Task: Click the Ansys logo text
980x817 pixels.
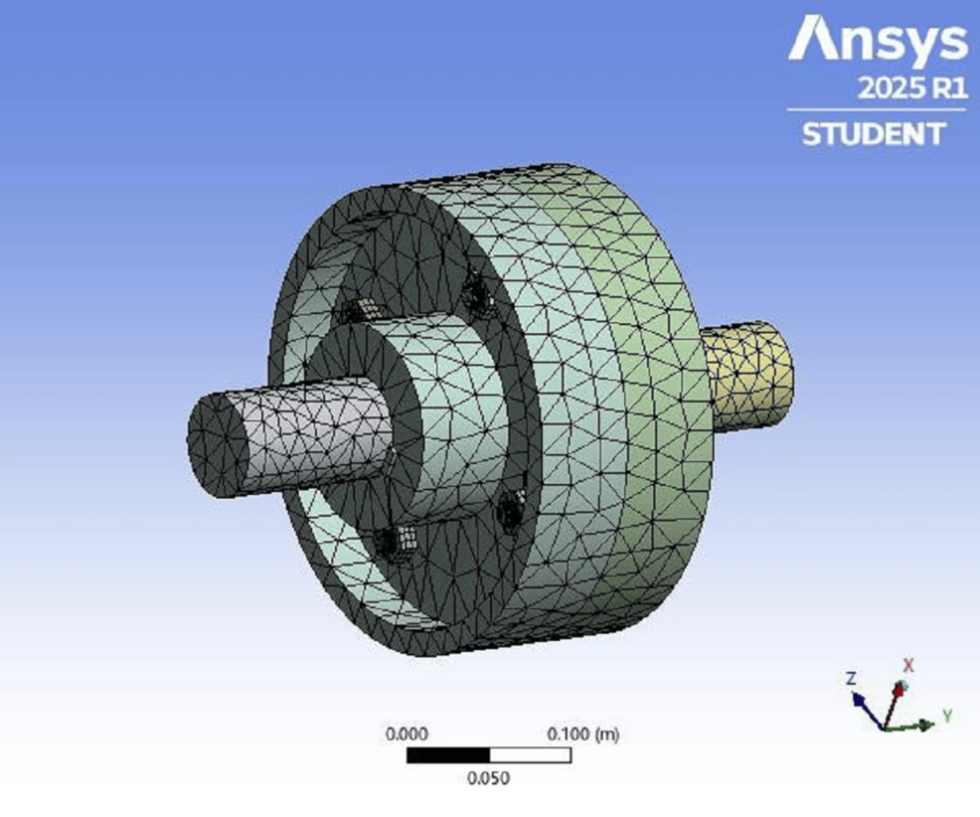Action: point(878,40)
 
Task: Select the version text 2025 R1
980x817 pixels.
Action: point(912,88)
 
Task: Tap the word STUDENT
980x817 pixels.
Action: point(874,134)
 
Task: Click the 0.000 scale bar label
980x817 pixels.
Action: point(407,734)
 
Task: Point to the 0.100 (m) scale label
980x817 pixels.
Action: point(583,734)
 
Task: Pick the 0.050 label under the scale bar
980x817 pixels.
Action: point(489,778)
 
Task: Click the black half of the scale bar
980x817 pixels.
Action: point(448,755)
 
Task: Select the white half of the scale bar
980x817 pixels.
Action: point(530,755)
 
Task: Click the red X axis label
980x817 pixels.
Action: point(908,665)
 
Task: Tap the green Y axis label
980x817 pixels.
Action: point(947,716)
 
